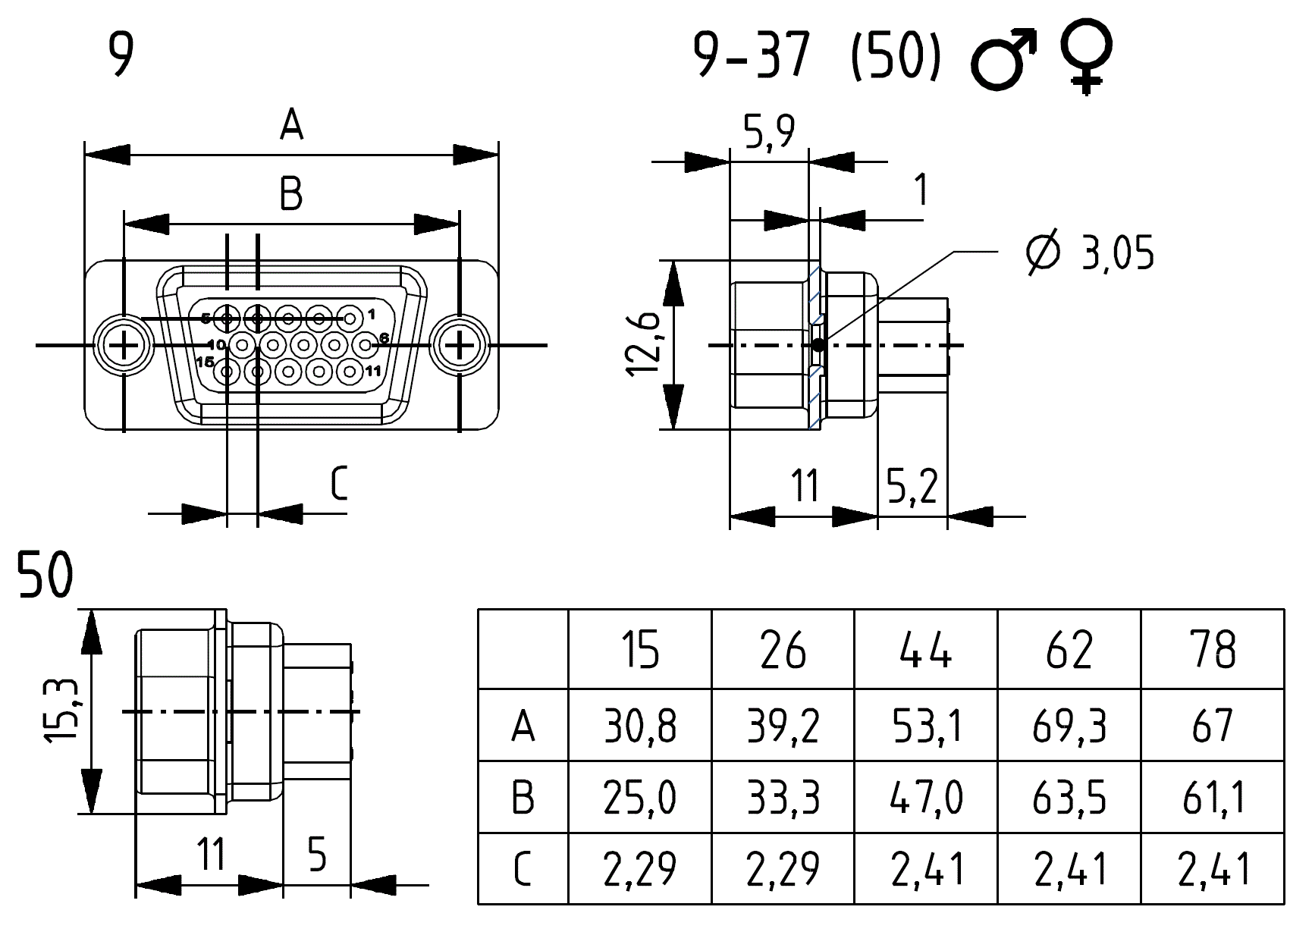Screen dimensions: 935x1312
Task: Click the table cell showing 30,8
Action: [x=640, y=726]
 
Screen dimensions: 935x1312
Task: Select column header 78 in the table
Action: [x=1213, y=650]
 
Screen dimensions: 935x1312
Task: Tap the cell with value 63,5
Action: [x=1069, y=798]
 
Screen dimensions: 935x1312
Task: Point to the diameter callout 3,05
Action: [x=1090, y=253]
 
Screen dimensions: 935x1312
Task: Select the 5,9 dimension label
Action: [x=768, y=133]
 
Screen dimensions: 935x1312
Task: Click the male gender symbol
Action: [x=1003, y=60]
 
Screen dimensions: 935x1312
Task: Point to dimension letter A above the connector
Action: [x=291, y=125]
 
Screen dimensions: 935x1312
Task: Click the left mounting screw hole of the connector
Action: [x=122, y=346]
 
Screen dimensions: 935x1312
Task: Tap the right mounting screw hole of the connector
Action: [x=460, y=346]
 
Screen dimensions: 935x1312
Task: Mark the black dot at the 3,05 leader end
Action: [x=818, y=346]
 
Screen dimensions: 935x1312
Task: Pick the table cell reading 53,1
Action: [x=926, y=726]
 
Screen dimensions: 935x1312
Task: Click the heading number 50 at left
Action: [x=46, y=576]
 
